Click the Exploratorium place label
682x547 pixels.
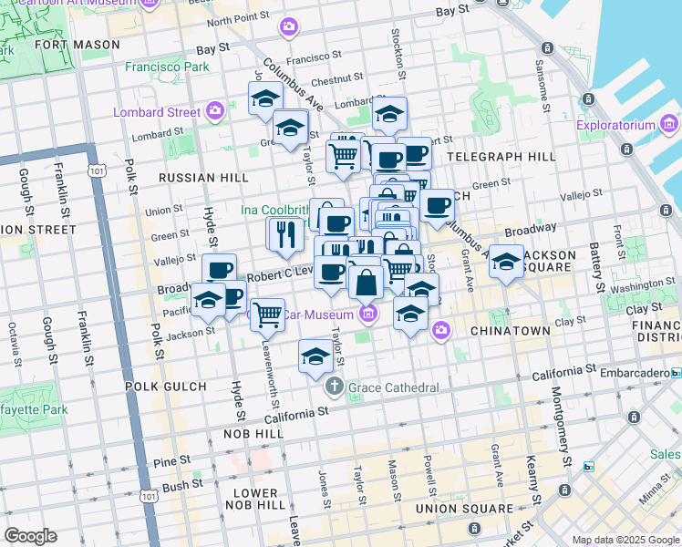618,125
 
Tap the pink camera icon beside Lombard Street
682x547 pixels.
215,112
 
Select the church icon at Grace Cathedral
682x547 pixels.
335,387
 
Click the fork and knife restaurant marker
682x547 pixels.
284,234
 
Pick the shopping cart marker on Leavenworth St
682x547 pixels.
267,315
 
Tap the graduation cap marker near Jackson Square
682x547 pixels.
506,262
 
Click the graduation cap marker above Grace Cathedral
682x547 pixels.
315,356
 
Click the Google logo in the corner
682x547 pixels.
31,535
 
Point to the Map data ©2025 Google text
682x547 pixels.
625,540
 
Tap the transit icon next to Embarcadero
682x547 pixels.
676,373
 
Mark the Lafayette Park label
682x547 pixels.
34,410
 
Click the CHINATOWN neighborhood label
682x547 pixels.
510,331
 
